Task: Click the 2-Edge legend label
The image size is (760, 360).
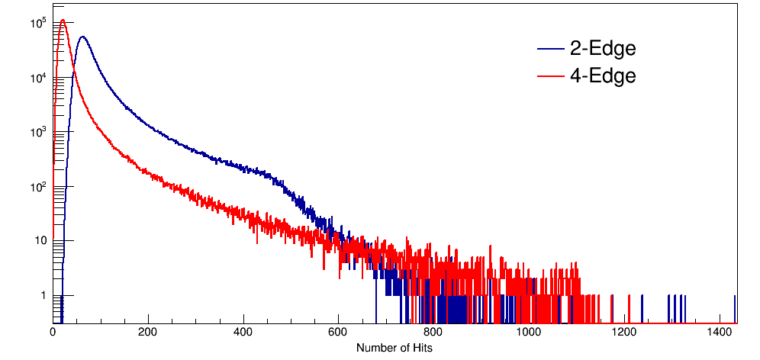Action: click(x=603, y=49)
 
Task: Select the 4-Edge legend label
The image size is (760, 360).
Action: click(x=603, y=76)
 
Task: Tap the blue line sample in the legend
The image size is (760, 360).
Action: click(x=551, y=49)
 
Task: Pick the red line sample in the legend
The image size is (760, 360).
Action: click(x=551, y=76)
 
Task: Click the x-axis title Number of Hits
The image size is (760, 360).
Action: click(x=393, y=348)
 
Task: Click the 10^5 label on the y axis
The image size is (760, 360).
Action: click(x=37, y=22)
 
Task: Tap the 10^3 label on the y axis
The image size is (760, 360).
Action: click(x=37, y=131)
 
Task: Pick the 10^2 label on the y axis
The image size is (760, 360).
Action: click(x=37, y=186)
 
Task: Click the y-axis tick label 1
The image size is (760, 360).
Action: click(x=42, y=296)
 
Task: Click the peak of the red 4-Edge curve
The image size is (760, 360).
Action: click(x=63, y=21)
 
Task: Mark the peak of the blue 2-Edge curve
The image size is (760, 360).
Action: click(x=83, y=37)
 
